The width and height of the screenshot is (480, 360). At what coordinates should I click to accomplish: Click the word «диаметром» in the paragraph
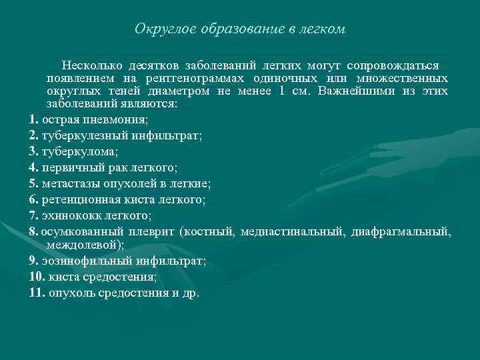[179, 91]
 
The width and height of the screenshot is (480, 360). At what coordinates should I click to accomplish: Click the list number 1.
[34, 119]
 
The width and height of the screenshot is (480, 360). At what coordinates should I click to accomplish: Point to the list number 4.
[34, 167]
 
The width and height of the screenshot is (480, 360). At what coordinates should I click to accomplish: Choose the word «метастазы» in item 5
[69, 183]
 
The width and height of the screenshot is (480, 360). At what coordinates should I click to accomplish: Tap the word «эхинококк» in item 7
[67, 215]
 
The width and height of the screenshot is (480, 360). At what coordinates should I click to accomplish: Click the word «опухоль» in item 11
[69, 292]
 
